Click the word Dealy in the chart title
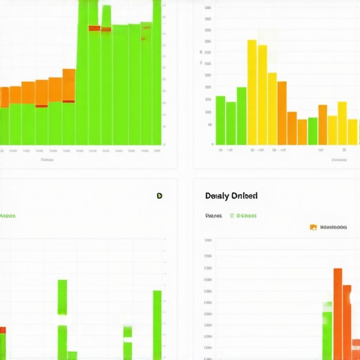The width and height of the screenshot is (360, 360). (217, 195)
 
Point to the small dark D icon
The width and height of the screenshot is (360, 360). (160, 196)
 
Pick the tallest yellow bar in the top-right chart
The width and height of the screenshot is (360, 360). (252, 91)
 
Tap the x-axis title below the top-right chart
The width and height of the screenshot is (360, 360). (339, 160)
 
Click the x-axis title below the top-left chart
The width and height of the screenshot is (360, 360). (47, 160)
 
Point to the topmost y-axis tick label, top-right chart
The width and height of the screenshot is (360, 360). (208, 8)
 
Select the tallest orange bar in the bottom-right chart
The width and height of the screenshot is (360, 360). (337, 313)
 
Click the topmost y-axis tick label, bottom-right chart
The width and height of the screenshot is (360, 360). (208, 240)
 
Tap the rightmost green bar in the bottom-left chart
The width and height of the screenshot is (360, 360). (157, 323)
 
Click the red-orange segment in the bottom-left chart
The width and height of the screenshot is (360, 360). (3, 329)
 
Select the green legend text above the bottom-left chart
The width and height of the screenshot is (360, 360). (7, 215)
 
